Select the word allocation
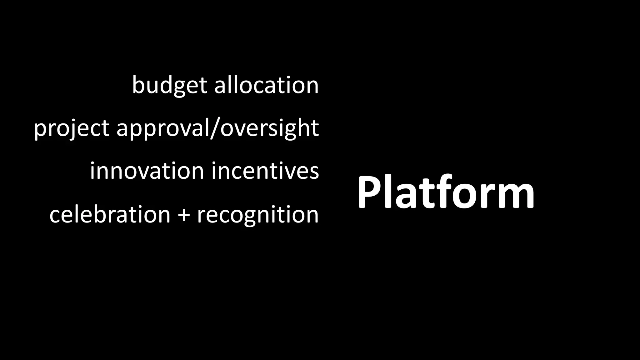pyautogui.click(x=266, y=85)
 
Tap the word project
pyautogui.click(x=72, y=128)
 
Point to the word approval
pyautogui.click(x=162, y=128)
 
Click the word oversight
pyautogui.click(x=269, y=128)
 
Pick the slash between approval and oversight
pyautogui.click(x=215, y=128)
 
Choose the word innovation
pyautogui.click(x=147, y=171)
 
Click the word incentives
pyautogui.click(x=265, y=171)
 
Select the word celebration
pyautogui.click(x=110, y=214)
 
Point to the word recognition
pyautogui.click(x=257, y=214)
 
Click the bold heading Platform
pyautogui.click(x=445, y=192)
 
